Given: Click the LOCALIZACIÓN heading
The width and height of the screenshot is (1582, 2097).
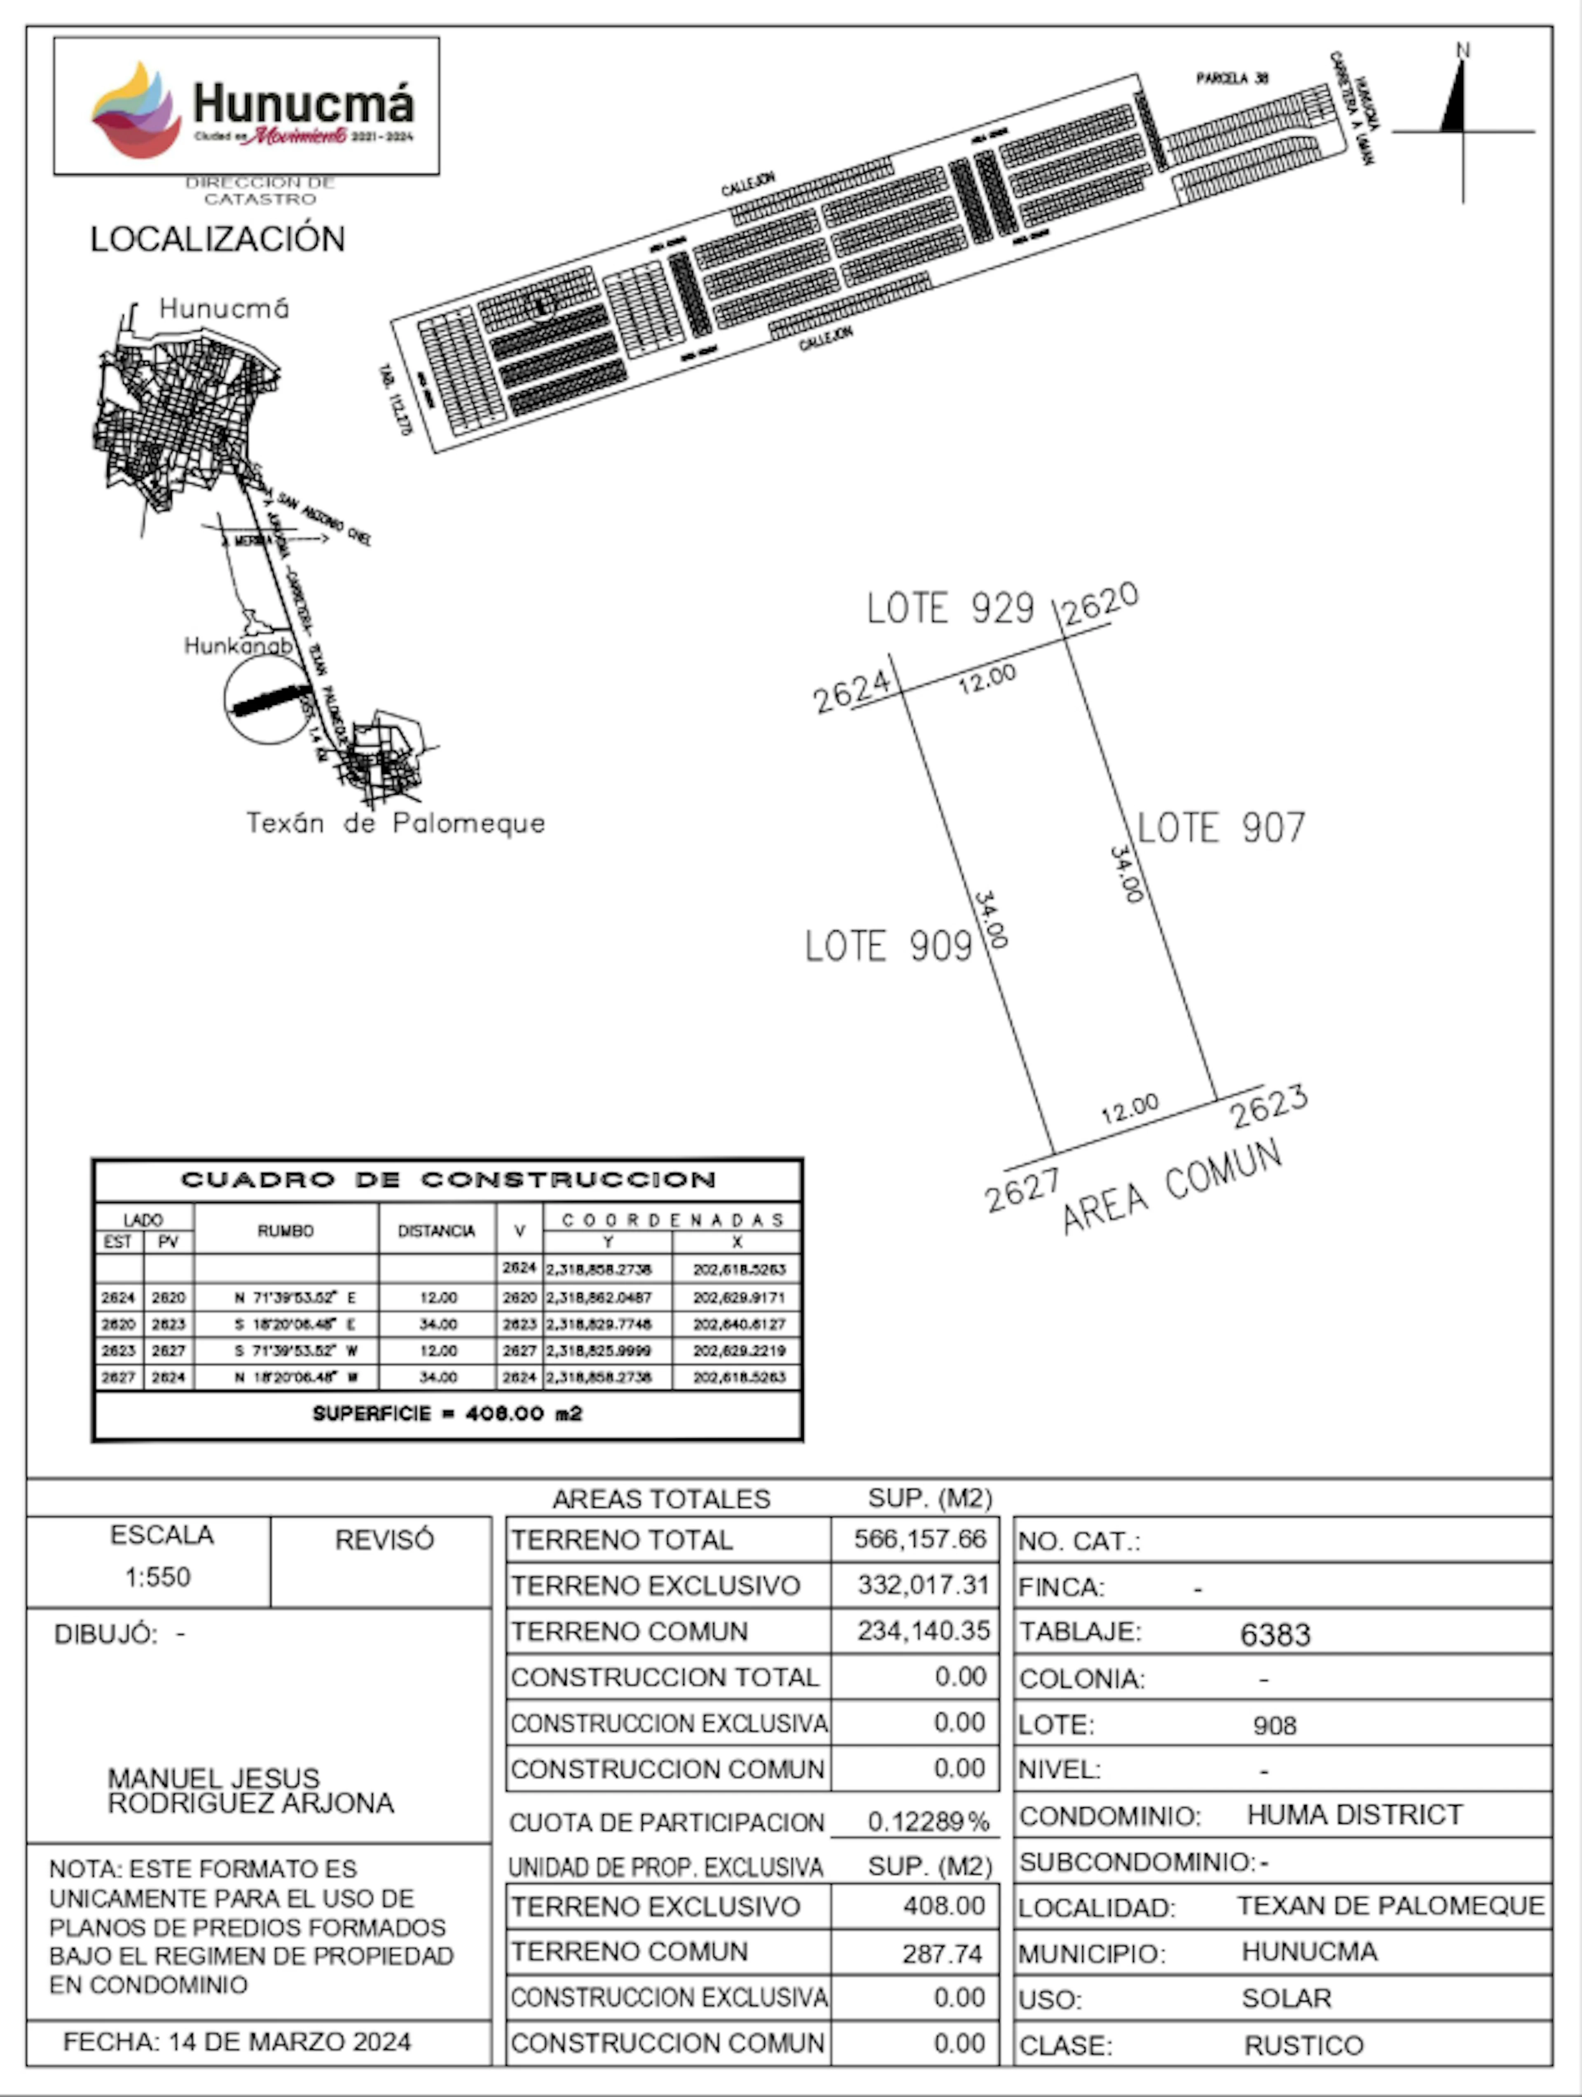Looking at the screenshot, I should [217, 239].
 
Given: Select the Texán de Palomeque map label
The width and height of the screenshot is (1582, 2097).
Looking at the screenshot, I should [395, 823].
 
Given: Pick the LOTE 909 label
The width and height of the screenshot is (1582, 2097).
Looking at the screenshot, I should [888, 946].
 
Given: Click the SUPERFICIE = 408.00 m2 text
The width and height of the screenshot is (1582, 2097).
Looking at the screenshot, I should [447, 1414].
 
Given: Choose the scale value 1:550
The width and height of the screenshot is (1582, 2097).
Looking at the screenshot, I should [157, 1576].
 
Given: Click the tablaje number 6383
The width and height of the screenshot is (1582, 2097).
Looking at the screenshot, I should [1275, 1635].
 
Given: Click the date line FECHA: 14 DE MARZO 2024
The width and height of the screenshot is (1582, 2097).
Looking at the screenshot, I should [237, 2041].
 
